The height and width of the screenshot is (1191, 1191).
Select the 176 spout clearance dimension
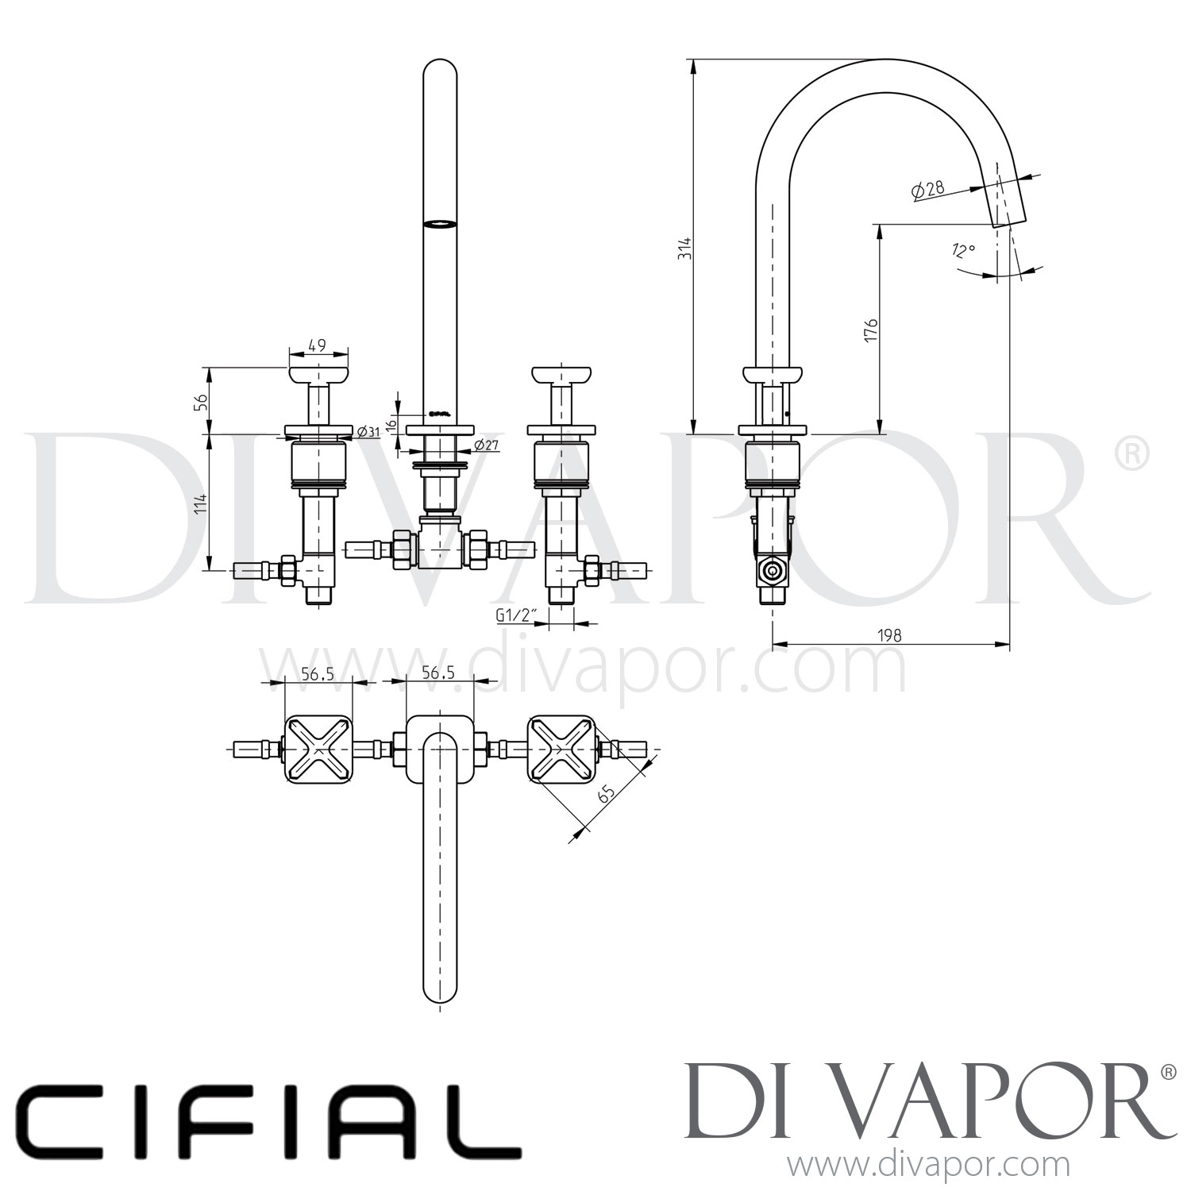pos(871,330)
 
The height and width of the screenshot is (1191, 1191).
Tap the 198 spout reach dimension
pos(891,634)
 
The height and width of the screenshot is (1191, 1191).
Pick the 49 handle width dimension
pos(317,345)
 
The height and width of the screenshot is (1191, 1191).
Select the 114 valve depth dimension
pos(202,503)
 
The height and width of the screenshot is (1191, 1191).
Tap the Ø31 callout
pos(368,432)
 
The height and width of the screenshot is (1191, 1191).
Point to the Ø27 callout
pos(485,445)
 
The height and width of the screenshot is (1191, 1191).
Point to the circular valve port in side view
pos(769,571)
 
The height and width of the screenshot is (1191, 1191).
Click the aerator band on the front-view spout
pos(441,224)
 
